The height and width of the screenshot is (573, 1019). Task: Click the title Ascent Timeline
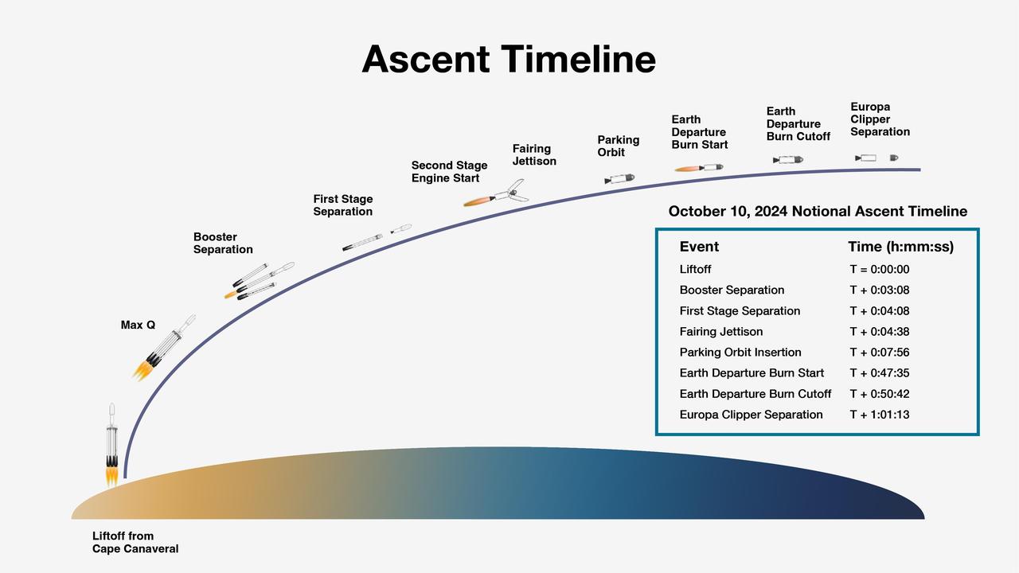pos(509,60)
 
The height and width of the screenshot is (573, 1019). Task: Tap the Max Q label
pos(138,325)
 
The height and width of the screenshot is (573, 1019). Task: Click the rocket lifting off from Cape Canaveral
pos(112,446)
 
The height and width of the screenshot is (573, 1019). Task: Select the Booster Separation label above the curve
pos(223,244)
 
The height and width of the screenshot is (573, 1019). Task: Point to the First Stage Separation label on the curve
pos(342,205)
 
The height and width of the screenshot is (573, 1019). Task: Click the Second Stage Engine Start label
pos(449,172)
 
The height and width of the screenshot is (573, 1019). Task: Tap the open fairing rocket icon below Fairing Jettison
pos(497,194)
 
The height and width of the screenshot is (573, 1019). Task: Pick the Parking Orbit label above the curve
pos(618,146)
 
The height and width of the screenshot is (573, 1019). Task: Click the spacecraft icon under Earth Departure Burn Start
pos(700,168)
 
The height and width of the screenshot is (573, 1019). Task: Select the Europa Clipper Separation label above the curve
pos(880,119)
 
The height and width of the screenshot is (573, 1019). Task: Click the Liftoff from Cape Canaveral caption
pos(135,543)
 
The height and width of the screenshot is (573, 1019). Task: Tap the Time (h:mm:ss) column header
pos(900,247)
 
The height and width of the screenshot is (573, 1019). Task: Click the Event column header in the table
pos(699,247)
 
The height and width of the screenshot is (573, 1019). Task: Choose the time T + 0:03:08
pos(879,290)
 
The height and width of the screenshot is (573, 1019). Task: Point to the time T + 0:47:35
pos(879,373)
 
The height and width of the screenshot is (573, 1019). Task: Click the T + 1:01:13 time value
pos(879,415)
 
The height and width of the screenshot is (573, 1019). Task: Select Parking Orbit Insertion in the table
pos(740,353)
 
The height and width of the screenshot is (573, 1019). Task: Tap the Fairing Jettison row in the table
pos(721,332)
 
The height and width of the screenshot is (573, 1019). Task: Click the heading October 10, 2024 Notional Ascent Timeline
pos(818,212)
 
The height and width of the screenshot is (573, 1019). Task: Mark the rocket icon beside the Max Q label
pos(163,349)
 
